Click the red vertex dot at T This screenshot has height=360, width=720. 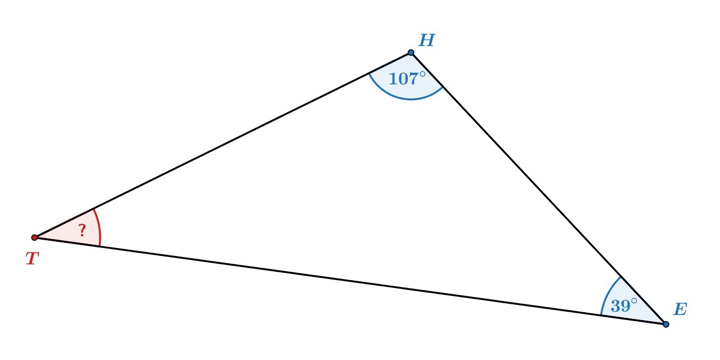point(34,237)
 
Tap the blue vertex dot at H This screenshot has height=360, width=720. point(411,52)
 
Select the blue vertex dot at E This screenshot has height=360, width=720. point(666,324)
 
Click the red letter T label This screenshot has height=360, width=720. point(32,259)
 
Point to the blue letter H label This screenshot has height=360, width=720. point(426,40)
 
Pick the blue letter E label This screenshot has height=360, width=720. point(680,309)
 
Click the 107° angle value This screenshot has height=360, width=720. point(403,79)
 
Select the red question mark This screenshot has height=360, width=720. point(82,230)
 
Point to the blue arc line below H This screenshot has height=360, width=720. point(411,99)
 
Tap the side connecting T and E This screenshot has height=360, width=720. point(349,280)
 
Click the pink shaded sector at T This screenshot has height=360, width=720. point(67,233)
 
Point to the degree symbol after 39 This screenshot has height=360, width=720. point(634,301)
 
